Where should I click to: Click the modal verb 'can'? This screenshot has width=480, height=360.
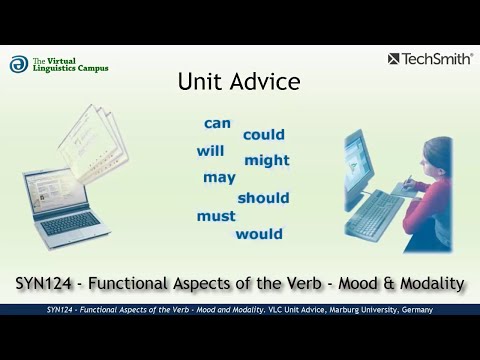[x=217, y=124]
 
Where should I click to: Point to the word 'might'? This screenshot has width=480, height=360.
[x=267, y=160]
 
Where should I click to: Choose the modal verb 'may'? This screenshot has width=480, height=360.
[x=219, y=178]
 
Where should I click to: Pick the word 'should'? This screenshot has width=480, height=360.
[x=263, y=198]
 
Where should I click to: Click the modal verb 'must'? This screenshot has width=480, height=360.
[x=216, y=216]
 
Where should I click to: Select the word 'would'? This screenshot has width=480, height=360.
[x=259, y=235]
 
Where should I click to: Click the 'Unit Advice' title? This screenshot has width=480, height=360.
[x=238, y=82]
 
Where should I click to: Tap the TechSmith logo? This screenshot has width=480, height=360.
[x=429, y=59]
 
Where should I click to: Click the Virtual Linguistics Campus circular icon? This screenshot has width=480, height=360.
[x=19, y=64]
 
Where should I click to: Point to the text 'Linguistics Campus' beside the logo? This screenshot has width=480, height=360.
[x=71, y=68]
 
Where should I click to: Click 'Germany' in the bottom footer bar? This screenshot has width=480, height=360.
[x=416, y=310]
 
